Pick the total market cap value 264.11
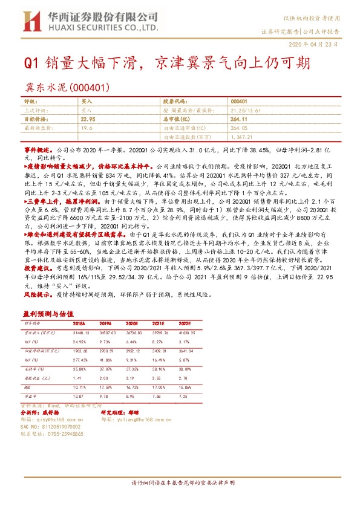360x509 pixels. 240,120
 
